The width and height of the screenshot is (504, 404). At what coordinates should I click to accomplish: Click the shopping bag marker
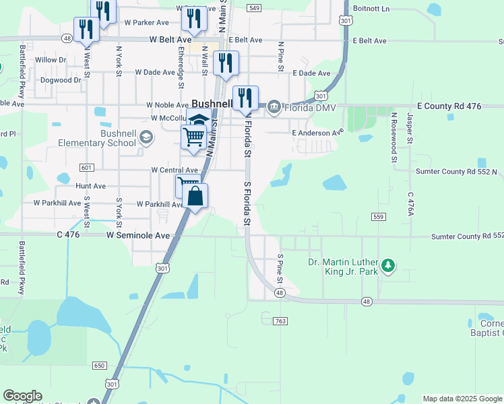[x=195, y=197]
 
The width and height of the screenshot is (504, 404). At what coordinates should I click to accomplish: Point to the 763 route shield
[x=281, y=321]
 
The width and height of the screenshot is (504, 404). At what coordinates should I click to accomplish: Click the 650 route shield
[x=100, y=365]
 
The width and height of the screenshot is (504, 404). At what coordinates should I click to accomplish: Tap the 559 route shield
[x=378, y=216]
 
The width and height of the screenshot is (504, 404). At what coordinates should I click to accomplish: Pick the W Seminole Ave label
[x=138, y=236]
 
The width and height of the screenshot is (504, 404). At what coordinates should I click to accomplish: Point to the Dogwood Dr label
[x=60, y=79]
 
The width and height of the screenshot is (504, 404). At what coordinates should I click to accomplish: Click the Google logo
[x=22, y=396]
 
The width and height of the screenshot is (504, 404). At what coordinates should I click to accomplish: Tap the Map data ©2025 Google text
[x=462, y=399]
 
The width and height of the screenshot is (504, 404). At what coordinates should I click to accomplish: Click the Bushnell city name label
[x=212, y=104]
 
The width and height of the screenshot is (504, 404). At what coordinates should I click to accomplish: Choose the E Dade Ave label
[x=311, y=73]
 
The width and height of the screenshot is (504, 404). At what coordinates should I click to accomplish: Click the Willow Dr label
[x=51, y=60]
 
